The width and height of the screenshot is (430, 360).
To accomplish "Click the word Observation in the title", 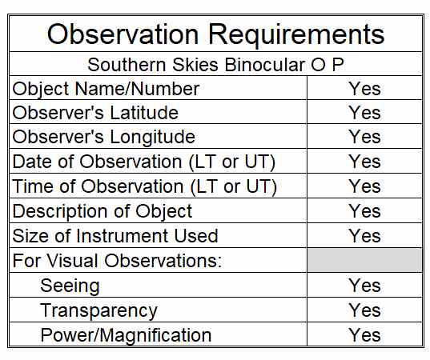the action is tap(123, 34).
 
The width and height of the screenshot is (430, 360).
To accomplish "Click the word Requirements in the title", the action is tap(296, 37).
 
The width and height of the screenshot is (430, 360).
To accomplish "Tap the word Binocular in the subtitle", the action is tap(264, 65).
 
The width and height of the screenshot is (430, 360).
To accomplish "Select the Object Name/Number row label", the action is tap(106, 90).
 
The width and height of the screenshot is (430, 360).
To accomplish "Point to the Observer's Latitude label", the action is tap(95, 113).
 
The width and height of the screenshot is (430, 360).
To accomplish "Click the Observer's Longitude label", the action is tap(103, 138).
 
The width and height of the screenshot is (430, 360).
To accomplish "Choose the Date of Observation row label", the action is tap(143, 162).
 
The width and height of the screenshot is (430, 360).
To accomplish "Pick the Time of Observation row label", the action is tap(144, 187).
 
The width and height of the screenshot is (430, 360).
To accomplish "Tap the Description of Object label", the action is tap(102, 212).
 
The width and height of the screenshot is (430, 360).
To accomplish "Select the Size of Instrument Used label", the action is tap(115, 236).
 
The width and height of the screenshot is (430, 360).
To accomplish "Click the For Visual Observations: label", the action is tap(117, 260).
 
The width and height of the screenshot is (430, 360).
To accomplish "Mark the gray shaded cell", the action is tap(364, 260).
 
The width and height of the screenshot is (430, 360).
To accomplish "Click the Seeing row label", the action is tap(70, 286).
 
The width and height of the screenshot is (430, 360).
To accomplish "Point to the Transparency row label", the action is tap(99, 311).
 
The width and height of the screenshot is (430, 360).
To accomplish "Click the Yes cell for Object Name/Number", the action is tap(364, 89).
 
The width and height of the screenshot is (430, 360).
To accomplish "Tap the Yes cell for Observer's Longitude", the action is tap(364, 137).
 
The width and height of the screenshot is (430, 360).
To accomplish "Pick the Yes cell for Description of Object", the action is tap(364, 211).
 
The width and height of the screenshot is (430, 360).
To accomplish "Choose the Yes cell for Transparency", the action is tap(364, 310).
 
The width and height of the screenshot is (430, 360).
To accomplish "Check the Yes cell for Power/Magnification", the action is tap(364, 335).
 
